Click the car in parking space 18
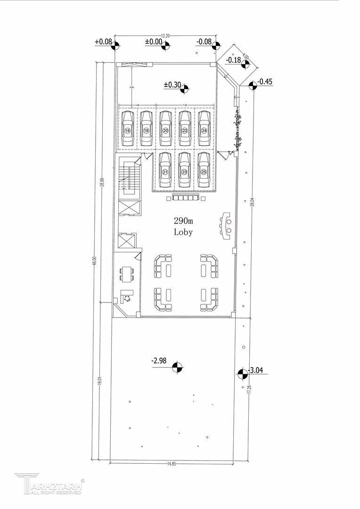[127, 129]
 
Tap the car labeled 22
[185, 129]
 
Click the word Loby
[183, 232]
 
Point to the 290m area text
[183, 221]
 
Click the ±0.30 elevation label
[172, 85]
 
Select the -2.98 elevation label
[160, 361]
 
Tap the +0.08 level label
[103, 41]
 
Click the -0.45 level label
[265, 82]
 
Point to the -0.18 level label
[234, 60]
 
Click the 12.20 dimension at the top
[165, 35]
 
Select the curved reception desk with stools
[226, 225]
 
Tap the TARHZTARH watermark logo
[49, 484]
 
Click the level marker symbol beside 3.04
[243, 374]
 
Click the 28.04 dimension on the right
[253, 203]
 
